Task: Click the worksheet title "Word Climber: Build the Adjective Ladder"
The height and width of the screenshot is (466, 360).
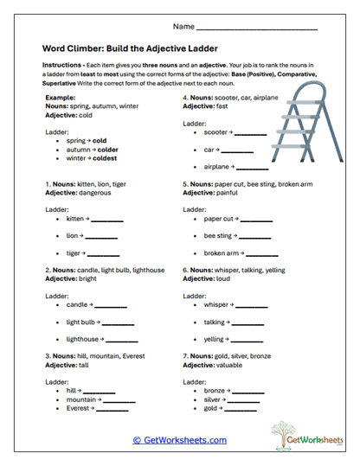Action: pyautogui.click(x=130, y=49)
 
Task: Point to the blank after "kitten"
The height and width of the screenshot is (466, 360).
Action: pyautogui.click(x=107, y=220)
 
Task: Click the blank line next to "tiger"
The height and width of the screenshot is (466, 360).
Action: pyautogui.click(x=104, y=254)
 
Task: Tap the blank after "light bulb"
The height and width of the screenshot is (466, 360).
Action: pyautogui.click(x=119, y=322)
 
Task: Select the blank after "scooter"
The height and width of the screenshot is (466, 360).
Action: pyautogui.click(x=251, y=134)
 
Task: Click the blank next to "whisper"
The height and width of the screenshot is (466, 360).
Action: pyautogui.click(x=252, y=306)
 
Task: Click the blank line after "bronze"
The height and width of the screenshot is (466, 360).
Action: pyautogui.click(x=245, y=392)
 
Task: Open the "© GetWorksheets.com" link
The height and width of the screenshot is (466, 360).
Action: pyautogui.click(x=180, y=440)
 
